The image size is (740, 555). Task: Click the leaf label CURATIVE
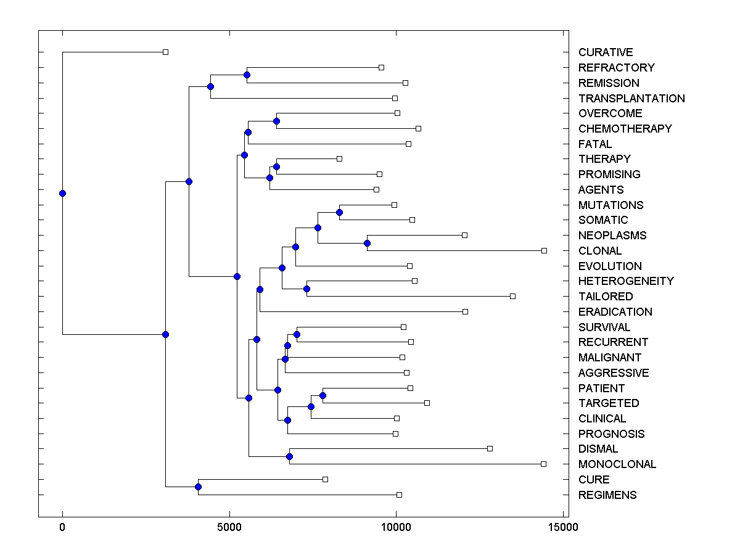pos(606,52)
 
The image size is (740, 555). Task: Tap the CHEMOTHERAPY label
pos(625,129)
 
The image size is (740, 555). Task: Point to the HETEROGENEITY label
pos(626,281)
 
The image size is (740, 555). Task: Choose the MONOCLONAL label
pos(617,464)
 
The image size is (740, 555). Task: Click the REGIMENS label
pos(607,495)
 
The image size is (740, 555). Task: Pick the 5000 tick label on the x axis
pos(229,527)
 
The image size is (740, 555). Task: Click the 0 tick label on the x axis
pos(62,527)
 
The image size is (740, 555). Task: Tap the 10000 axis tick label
pos(396,527)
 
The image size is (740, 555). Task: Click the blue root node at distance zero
pos(62,193)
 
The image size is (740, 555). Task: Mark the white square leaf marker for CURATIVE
pos(165,52)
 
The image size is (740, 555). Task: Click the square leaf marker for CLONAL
pos(544,250)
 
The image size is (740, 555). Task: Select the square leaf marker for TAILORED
pos(512,296)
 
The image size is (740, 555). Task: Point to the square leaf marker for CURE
pos(325,479)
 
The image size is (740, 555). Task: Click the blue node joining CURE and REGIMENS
pos(198,487)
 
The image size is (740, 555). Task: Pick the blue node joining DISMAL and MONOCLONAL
pos(289,456)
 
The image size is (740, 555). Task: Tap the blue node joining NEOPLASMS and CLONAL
pos(367,243)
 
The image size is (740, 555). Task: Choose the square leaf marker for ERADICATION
pos(465,311)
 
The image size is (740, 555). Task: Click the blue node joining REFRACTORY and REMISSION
pos(247,75)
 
